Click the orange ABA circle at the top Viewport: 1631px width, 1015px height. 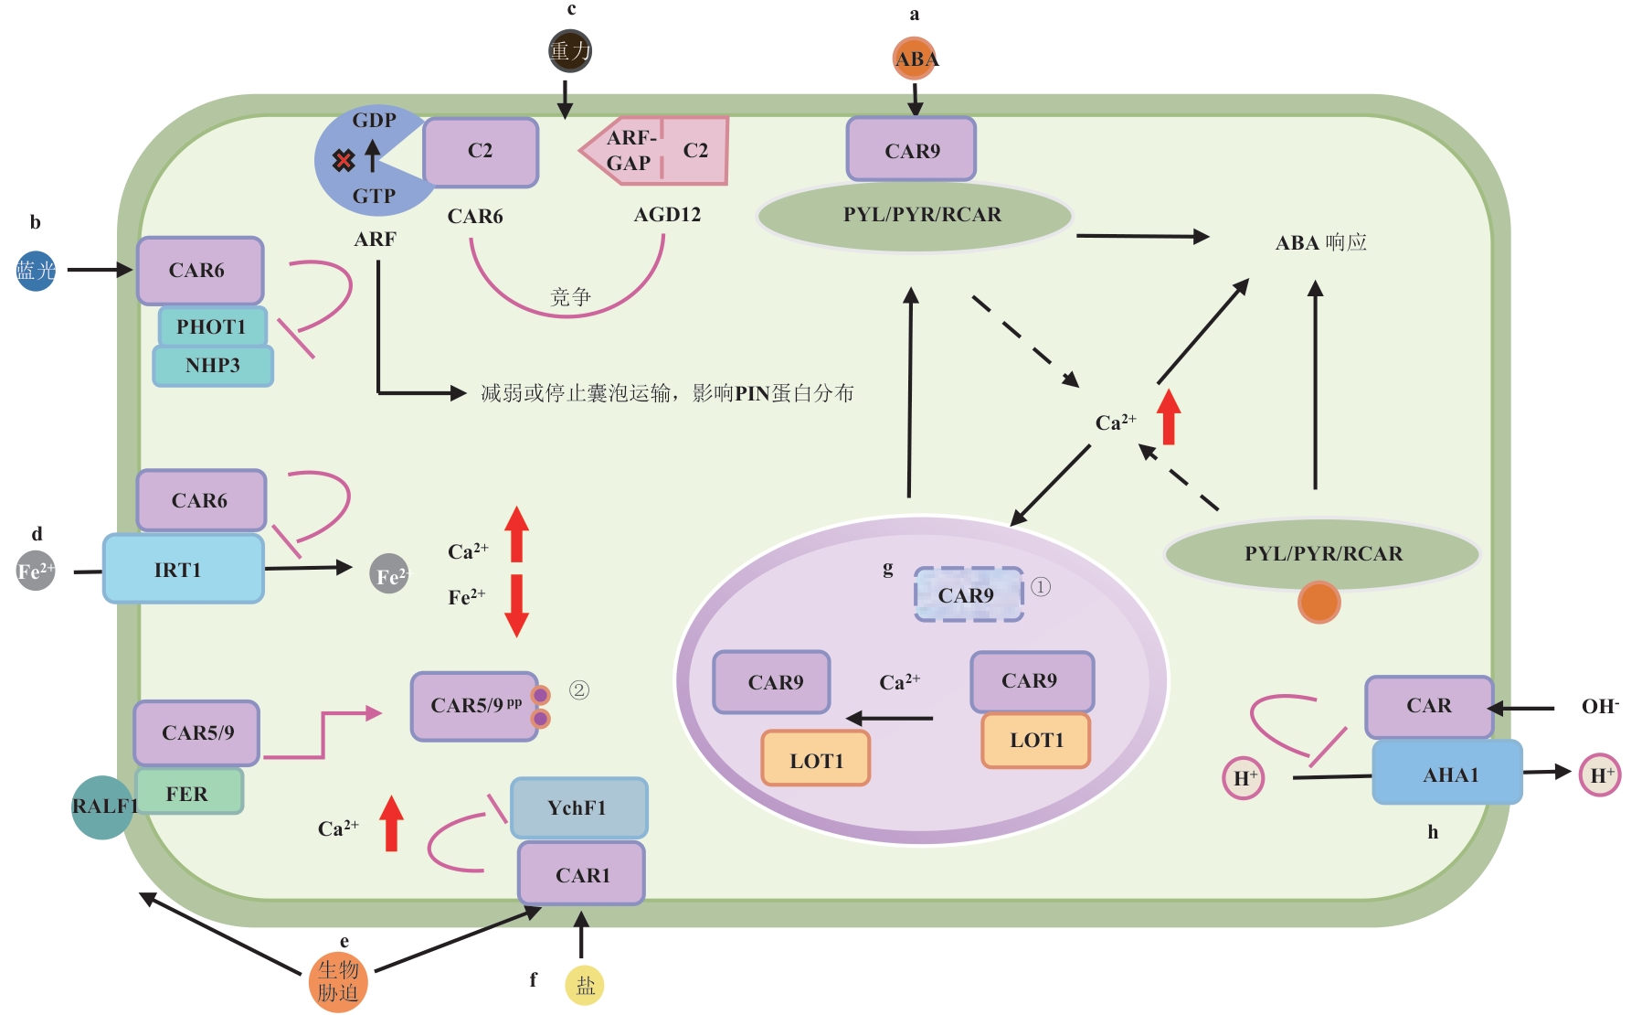point(915,59)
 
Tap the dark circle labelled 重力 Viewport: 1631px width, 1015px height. point(570,50)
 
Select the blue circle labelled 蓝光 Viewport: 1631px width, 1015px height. point(36,271)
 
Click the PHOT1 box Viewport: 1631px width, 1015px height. point(212,326)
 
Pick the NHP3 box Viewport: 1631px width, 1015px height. point(213,366)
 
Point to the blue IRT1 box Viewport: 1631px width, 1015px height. point(183,569)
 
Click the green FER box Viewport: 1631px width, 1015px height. point(188,792)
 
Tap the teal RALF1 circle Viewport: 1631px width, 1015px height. point(102,807)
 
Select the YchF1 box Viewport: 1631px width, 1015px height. point(578,807)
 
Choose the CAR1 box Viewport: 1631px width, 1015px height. point(582,874)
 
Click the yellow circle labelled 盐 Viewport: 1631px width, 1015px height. point(585,986)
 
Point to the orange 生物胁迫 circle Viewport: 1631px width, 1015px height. point(338,982)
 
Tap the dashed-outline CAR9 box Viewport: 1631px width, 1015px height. point(969,594)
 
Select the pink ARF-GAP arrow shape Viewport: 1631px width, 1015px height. point(630,151)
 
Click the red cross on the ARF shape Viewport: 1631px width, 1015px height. point(344,162)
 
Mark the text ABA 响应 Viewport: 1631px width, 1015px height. point(1320,242)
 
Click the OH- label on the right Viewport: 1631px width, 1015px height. point(1599,706)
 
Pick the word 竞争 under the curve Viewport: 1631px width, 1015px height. point(570,297)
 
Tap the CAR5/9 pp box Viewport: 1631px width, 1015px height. point(475,706)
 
